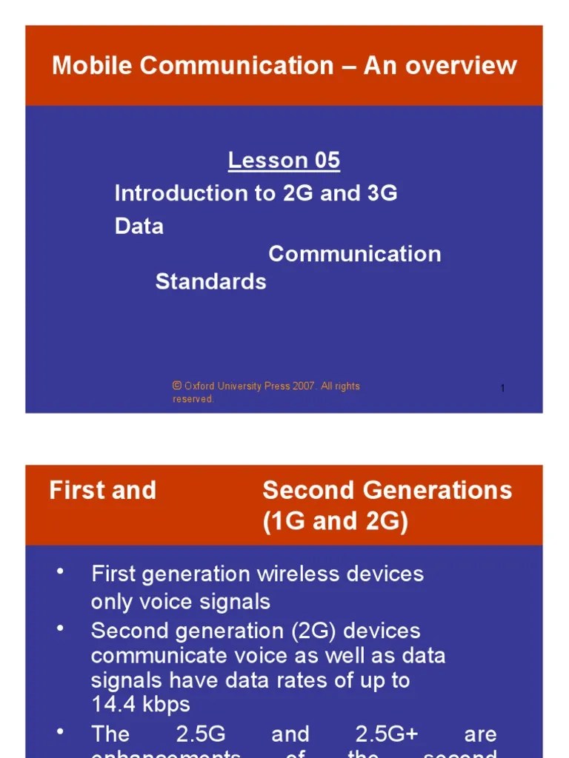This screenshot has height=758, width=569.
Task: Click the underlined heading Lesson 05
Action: click(x=284, y=160)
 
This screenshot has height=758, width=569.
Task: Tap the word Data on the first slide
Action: click(x=139, y=226)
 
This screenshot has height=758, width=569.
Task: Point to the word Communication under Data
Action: click(x=354, y=254)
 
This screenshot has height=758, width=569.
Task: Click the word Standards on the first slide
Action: click(x=210, y=281)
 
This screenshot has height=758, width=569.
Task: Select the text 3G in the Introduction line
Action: click(x=382, y=193)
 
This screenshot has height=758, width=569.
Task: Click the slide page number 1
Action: click(x=502, y=389)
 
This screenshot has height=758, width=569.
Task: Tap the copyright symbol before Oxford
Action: click(x=177, y=386)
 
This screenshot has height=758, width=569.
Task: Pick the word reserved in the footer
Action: click(x=193, y=399)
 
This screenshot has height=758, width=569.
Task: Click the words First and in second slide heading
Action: click(x=102, y=490)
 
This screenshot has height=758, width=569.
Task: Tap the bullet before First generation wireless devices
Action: click(x=61, y=571)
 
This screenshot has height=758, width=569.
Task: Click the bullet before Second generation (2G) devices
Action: click(x=61, y=628)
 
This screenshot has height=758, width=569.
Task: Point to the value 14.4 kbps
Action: click(x=141, y=705)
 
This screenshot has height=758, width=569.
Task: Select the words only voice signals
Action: click(x=180, y=602)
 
